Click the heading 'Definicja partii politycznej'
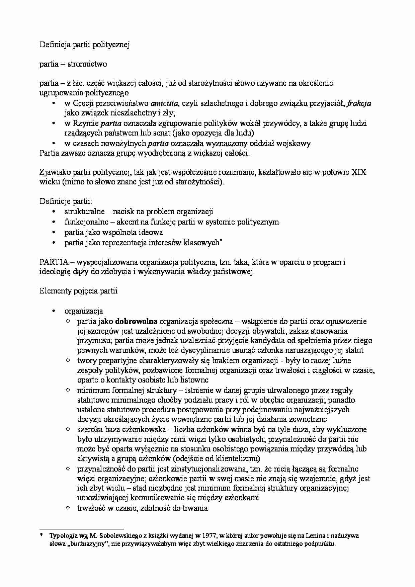click(85, 45)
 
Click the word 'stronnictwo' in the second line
click(87, 64)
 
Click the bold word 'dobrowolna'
click(136, 322)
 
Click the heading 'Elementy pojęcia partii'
click(79, 291)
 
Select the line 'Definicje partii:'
click(66, 201)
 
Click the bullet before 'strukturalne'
click(54, 212)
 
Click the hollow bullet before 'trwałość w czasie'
click(68, 508)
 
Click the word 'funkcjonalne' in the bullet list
click(86, 222)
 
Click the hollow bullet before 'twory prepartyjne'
click(68, 360)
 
